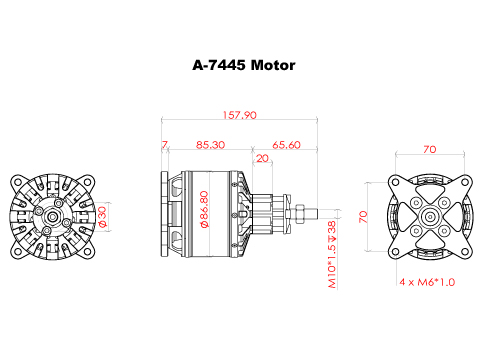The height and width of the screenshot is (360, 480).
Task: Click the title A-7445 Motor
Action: click(244, 65)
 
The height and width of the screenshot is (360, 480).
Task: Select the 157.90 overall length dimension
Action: click(240, 115)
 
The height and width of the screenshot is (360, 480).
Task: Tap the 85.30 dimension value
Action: click(210, 145)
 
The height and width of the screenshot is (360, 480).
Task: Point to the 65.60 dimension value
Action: click(286, 145)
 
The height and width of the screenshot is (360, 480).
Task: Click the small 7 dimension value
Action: click(165, 145)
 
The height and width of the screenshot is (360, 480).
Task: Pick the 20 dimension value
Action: click(263, 158)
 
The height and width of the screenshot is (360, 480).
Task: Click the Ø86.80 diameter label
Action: click(204, 209)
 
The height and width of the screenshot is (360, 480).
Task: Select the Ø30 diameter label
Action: click(102, 217)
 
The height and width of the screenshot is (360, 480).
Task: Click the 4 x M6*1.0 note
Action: click(427, 282)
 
